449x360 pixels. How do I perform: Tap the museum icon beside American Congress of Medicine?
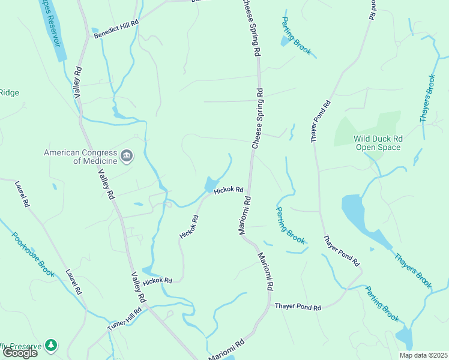click(x=127, y=157)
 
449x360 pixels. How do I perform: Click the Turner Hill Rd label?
click(x=124, y=317)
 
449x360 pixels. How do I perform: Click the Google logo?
click(x=19, y=353)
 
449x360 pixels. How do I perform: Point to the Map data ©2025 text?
click(x=423, y=355)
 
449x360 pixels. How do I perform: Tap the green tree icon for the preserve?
click(x=52, y=345)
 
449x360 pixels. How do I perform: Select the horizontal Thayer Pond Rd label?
click(x=298, y=307)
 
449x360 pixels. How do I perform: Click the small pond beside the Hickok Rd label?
click(x=211, y=183)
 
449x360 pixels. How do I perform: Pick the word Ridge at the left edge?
click(x=9, y=92)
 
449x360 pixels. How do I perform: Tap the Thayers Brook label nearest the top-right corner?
click(x=427, y=98)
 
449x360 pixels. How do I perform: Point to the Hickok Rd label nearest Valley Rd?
click(x=158, y=280)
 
